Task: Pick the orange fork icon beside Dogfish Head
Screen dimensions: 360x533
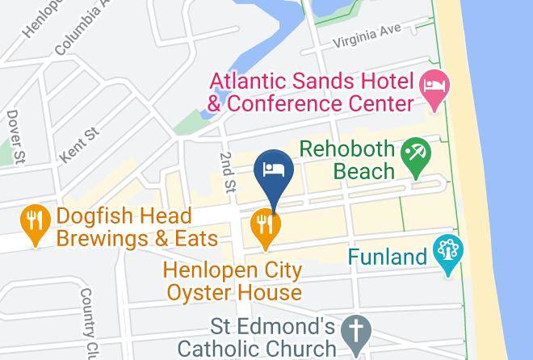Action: (x=34, y=226)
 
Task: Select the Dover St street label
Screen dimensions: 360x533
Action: (x=13, y=137)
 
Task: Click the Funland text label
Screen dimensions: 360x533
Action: (x=387, y=257)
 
